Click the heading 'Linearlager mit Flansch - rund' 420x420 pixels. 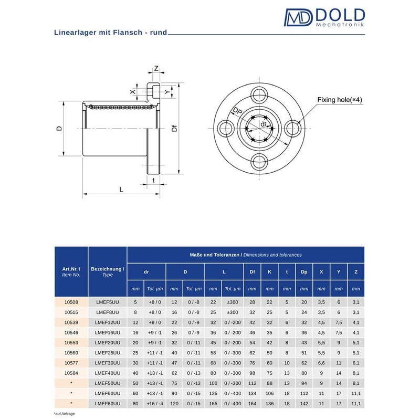111,33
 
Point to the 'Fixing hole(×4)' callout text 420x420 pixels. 339,100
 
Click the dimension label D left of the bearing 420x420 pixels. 60,128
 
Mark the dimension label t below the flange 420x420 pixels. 153,180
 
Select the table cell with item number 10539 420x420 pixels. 71,322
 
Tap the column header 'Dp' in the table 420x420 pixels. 304,271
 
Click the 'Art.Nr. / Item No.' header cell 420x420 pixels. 71,271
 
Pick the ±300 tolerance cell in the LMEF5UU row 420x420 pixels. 232,302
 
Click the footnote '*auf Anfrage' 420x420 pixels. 65,414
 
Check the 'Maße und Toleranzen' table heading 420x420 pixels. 245,255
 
